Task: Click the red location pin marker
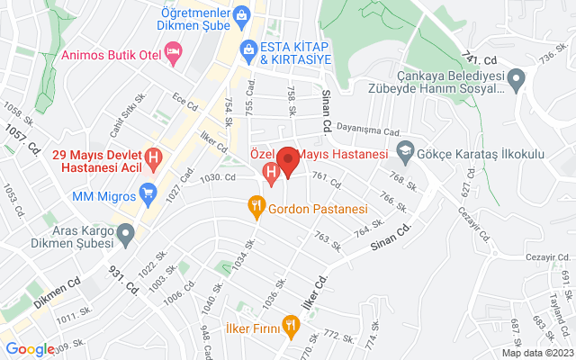pyautogui.click(x=288, y=161)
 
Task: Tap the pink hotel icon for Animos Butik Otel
pyautogui.click(x=174, y=57)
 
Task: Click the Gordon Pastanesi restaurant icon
pyautogui.click(x=256, y=209)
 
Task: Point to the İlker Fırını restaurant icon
pyautogui.click(x=290, y=324)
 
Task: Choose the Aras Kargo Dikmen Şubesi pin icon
pyautogui.click(x=126, y=236)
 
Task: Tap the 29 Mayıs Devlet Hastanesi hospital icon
pyautogui.click(x=153, y=160)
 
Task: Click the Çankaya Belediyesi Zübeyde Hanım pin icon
pyautogui.click(x=516, y=82)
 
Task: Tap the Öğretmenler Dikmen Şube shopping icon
pyautogui.click(x=240, y=15)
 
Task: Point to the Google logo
pyautogui.click(x=30, y=349)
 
